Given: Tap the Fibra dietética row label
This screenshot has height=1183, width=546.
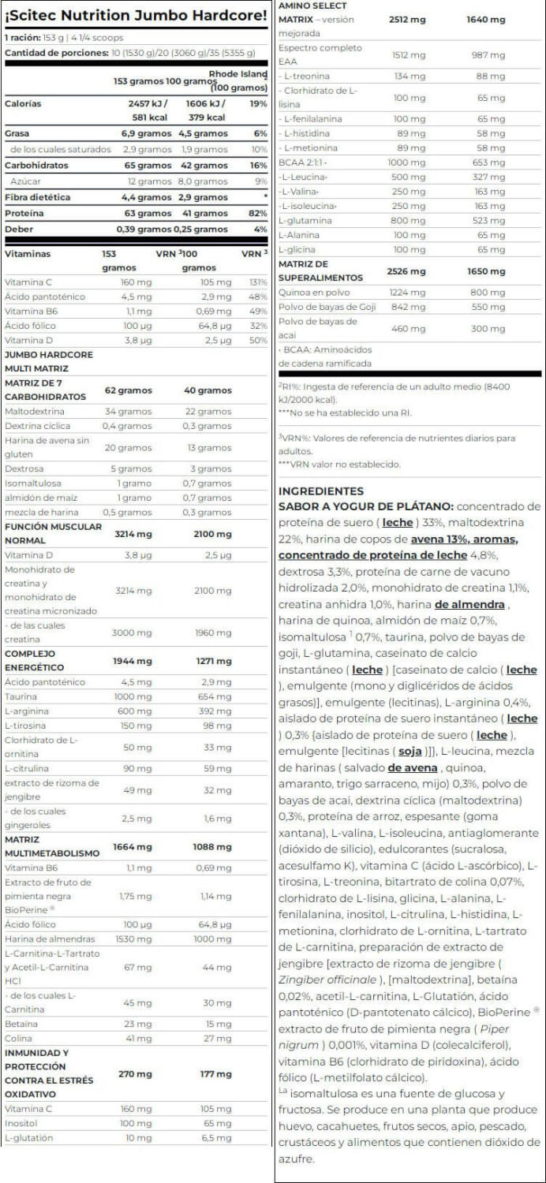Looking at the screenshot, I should [37, 197].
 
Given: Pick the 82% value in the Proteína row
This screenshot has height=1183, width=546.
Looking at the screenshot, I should [257, 213].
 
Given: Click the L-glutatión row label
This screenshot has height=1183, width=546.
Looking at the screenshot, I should [28, 1137].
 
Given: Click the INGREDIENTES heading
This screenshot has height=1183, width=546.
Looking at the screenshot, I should [321, 490].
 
